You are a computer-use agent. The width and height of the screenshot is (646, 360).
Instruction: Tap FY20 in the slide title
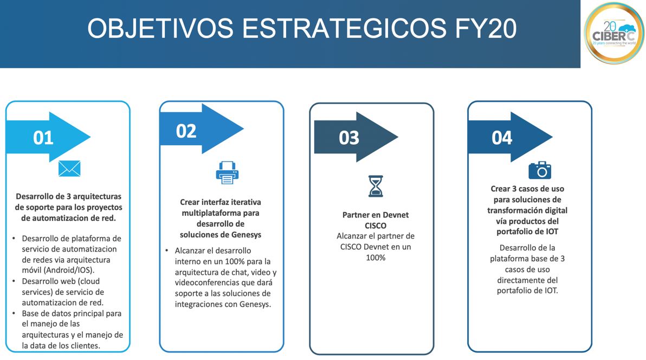pyautogui.click(x=483, y=28)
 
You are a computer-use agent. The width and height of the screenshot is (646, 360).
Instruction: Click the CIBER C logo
pyautogui.click(x=613, y=34)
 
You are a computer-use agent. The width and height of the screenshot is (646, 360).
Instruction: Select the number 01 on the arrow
pyautogui.click(x=43, y=138)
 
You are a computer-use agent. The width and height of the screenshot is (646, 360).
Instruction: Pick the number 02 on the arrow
pyautogui.click(x=186, y=131)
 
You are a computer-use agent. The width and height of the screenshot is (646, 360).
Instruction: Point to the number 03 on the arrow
pyautogui.click(x=349, y=138)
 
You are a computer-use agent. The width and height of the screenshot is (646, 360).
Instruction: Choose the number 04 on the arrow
pyautogui.click(x=502, y=138)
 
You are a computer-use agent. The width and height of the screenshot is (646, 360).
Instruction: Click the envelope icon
pyautogui.click(x=69, y=169)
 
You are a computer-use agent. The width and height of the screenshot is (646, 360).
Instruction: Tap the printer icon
pyautogui.click(x=227, y=173)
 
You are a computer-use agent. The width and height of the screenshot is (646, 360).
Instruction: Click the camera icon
pyautogui.click(x=539, y=170)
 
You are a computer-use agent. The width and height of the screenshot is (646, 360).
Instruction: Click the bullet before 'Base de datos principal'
pyautogui.click(x=14, y=313)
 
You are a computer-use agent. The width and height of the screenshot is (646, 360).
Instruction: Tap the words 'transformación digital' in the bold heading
pyautogui.click(x=527, y=210)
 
